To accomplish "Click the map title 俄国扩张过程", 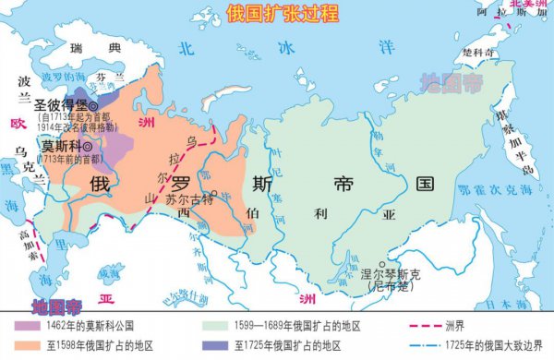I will tap(277, 13).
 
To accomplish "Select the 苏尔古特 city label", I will tap(188, 198).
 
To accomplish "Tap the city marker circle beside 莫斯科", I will tap(88, 146).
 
